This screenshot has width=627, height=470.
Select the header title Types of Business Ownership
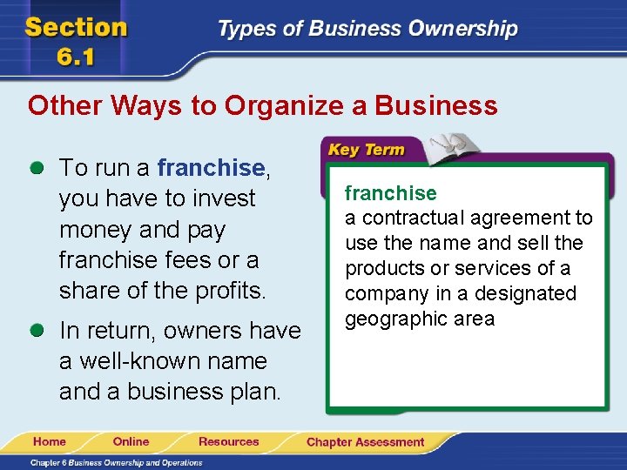[367, 29]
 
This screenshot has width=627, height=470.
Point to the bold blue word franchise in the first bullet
[211, 166]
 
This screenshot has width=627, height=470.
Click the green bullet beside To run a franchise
[36, 166]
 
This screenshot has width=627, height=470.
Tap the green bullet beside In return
[36, 331]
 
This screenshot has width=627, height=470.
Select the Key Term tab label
[366, 150]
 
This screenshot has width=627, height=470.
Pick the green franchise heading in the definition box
[390, 192]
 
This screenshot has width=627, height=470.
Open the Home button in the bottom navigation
[50, 441]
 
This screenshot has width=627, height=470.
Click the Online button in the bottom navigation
[131, 441]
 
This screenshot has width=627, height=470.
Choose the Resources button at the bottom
[228, 441]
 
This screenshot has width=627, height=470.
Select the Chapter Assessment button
[365, 442]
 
